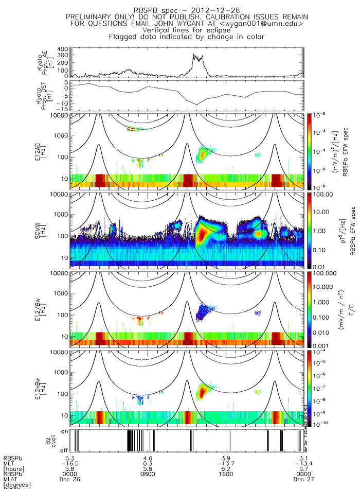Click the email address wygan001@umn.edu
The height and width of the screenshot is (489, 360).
pos(269,24)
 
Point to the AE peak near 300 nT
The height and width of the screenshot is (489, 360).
pos(193,54)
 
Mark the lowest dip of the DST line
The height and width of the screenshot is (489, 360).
pos(196,105)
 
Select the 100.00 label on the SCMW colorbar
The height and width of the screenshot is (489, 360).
pos(326,194)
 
